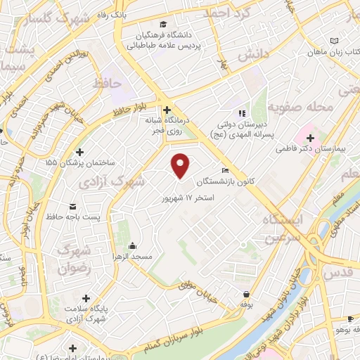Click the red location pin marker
pyautogui.click(x=181, y=165)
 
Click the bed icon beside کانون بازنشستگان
pyautogui.click(x=225, y=170)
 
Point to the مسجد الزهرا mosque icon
pyautogui.click(x=133, y=246)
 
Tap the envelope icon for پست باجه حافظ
pyautogui.click(x=74, y=206)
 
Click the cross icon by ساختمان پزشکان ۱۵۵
pyautogui.click(x=79, y=152)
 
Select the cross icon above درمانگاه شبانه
pyautogui.click(x=167, y=110)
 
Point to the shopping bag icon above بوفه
pyautogui.click(x=246, y=295)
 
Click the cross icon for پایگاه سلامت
pyautogui.click(x=86, y=298)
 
